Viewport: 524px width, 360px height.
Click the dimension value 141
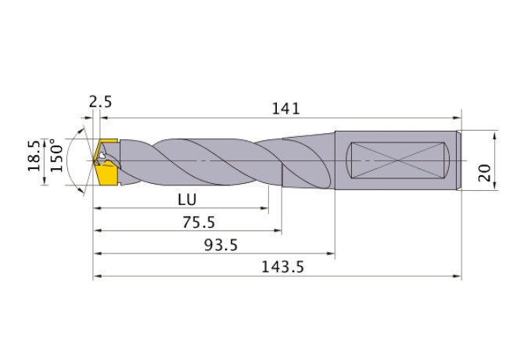[x=286, y=109]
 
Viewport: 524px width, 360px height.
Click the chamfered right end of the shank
[x=458, y=160]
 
